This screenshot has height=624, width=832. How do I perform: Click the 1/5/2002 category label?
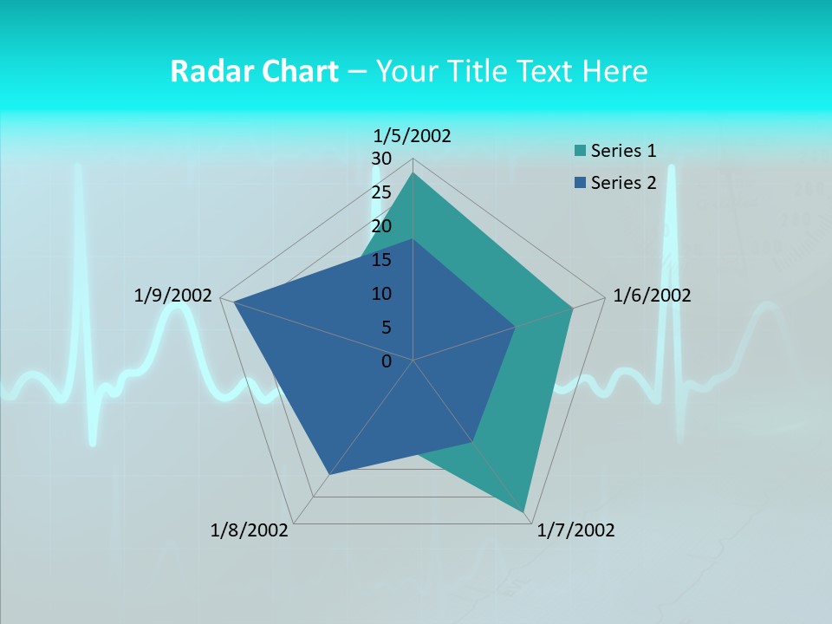[413, 135]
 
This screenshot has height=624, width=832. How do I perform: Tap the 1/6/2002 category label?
[652, 296]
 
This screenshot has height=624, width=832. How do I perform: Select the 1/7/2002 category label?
[575, 530]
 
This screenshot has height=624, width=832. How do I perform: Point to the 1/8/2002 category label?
[250, 530]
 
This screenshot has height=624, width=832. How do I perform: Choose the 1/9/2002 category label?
[173, 296]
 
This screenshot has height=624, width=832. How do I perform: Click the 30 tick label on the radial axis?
[381, 159]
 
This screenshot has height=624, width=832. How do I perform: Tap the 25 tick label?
[381, 192]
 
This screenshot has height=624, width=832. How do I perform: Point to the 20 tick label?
[381, 226]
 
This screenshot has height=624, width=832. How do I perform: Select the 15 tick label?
[381, 260]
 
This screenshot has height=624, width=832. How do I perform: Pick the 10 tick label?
[381, 294]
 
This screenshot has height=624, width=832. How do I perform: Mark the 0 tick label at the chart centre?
[387, 361]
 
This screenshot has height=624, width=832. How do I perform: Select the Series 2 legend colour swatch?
[580, 183]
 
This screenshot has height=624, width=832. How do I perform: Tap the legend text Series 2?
[623, 183]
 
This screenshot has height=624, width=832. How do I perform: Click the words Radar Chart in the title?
[254, 71]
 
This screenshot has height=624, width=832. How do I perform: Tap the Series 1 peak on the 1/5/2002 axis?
[413, 172]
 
